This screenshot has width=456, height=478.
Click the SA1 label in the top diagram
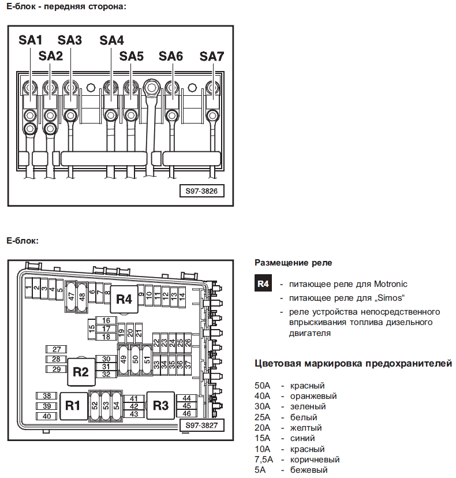(x=30, y=40)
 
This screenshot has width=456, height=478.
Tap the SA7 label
(x=211, y=57)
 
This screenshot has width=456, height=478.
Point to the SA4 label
(x=111, y=40)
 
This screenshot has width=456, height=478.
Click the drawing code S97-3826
(x=201, y=191)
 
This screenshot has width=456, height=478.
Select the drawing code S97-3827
(x=201, y=425)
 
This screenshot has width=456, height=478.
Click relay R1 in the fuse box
(x=73, y=406)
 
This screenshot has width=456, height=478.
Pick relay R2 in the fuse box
(x=81, y=372)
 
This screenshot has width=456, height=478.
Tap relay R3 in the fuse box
(x=160, y=405)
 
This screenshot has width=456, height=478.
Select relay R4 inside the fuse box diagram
(x=124, y=300)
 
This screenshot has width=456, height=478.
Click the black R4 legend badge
(x=263, y=283)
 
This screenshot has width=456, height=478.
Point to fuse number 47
(x=72, y=296)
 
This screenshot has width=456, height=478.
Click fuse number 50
(x=135, y=360)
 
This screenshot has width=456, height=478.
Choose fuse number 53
(x=106, y=406)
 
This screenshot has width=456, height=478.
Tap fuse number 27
(x=56, y=349)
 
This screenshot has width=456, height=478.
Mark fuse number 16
(x=106, y=320)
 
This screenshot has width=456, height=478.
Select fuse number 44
(x=186, y=398)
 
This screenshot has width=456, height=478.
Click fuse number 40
(x=47, y=416)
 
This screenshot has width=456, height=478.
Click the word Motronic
(x=390, y=284)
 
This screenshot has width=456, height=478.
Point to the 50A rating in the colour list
(x=263, y=386)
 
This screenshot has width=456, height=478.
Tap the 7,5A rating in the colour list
(x=264, y=460)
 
